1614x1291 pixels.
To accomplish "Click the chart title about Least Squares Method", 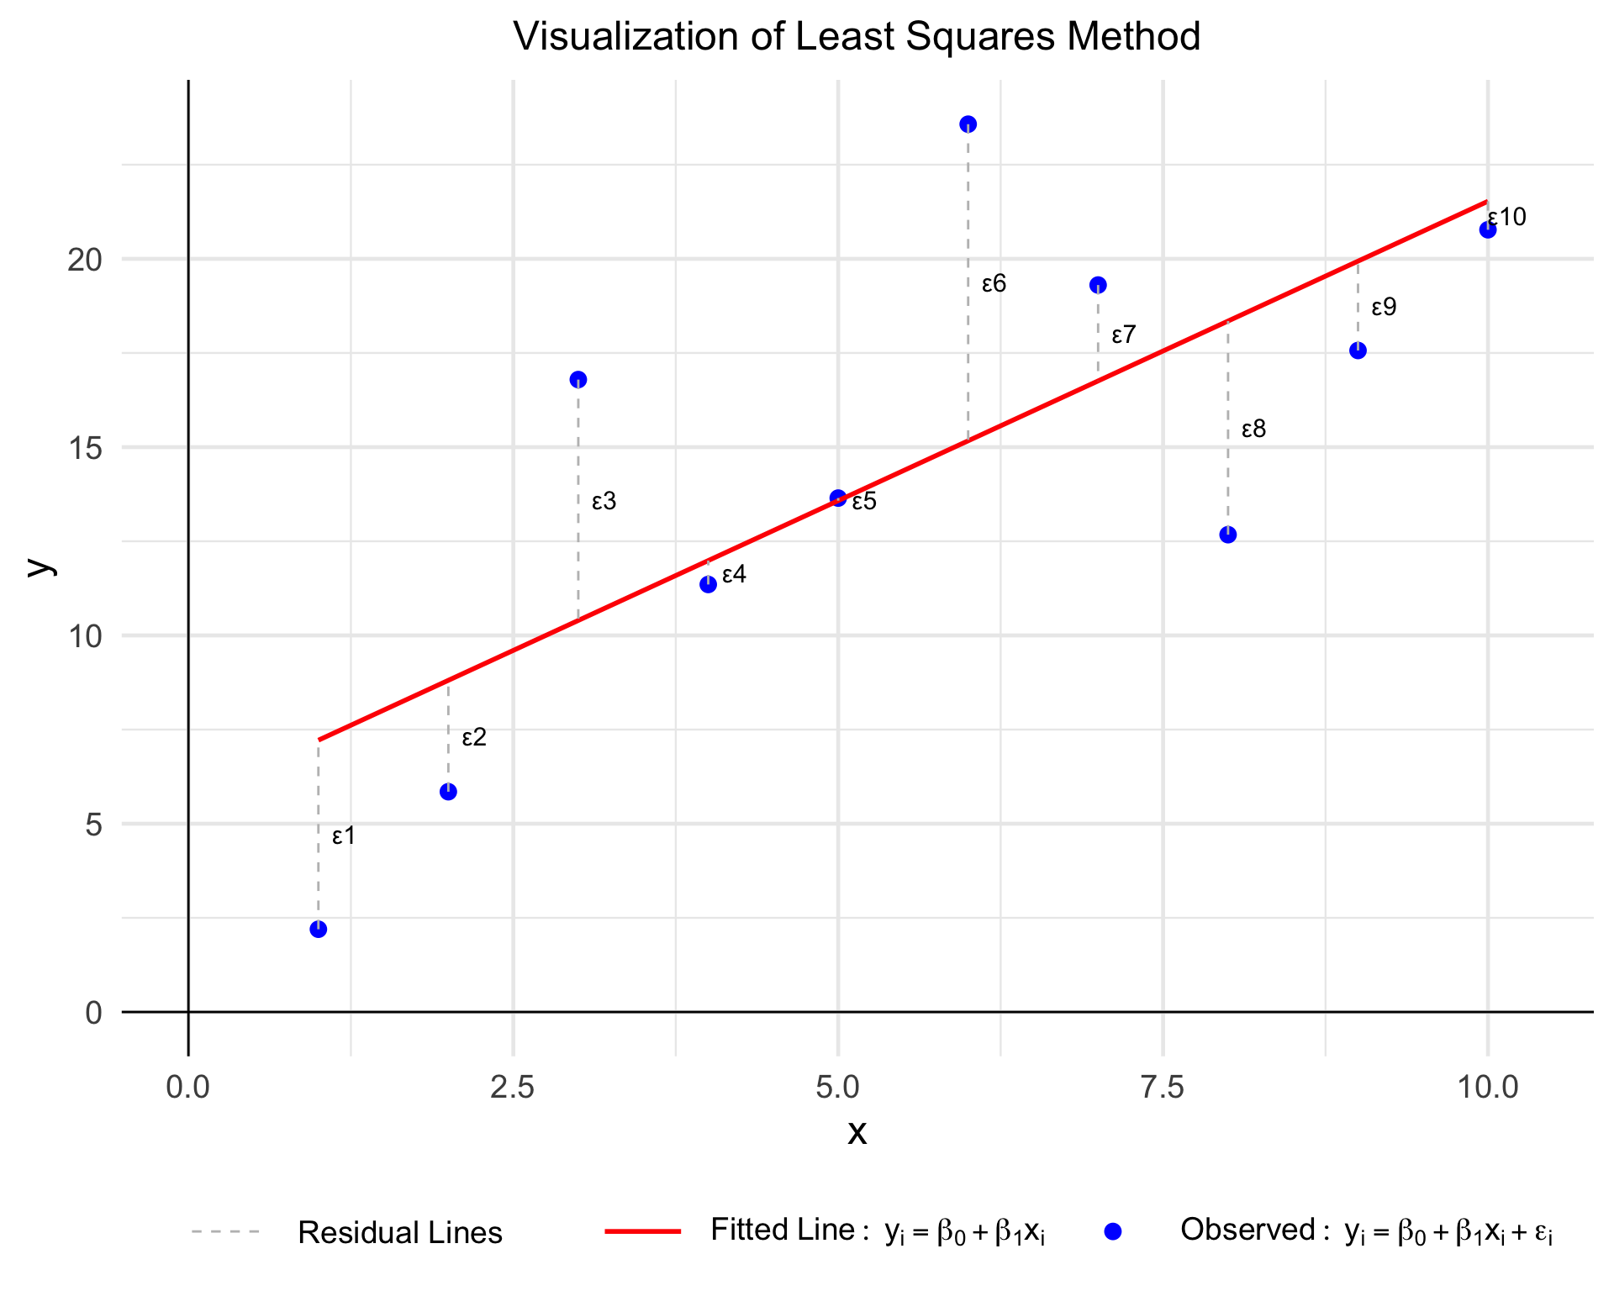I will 857,37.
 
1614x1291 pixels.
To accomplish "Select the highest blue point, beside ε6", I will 968,124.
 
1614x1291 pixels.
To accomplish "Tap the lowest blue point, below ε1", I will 318,929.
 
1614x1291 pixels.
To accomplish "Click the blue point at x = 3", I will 578,380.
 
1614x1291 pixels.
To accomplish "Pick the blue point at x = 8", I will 1228,535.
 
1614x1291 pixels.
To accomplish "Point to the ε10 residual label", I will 1507,218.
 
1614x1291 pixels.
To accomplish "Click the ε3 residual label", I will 604,502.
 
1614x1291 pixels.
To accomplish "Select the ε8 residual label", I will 1253,429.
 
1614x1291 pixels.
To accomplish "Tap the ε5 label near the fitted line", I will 864,502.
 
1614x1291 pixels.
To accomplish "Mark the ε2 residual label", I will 474,738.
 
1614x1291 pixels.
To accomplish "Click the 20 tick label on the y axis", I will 85,260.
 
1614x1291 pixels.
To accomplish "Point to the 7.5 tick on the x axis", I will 1163,1087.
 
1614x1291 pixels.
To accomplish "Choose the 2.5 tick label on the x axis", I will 513,1087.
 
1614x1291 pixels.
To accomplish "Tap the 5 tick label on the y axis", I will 93,825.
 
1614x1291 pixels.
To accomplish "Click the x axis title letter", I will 857,1133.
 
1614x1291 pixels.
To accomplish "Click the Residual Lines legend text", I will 400,1233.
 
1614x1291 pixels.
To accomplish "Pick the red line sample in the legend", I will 643,1232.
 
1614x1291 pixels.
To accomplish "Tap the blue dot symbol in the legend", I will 1113,1232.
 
